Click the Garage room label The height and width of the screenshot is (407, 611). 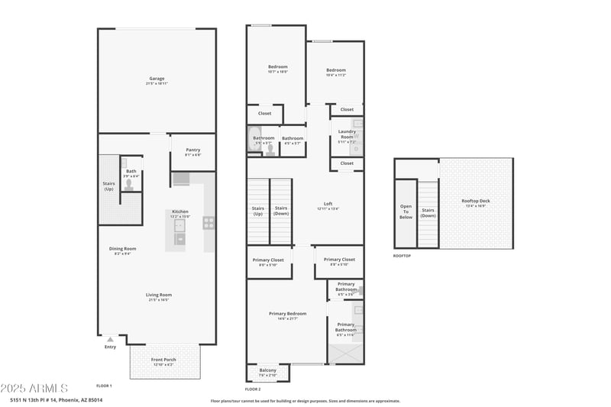pyautogui.click(x=157, y=79)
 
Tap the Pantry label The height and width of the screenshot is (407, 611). pyautogui.click(x=192, y=150)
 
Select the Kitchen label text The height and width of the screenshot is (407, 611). pyautogui.click(x=179, y=212)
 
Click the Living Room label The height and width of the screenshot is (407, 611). pyautogui.click(x=159, y=296)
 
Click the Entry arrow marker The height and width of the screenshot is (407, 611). pyautogui.click(x=110, y=338)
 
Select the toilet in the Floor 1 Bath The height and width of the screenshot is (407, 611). pyautogui.click(x=130, y=184)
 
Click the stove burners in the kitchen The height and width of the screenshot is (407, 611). pyautogui.click(x=208, y=223)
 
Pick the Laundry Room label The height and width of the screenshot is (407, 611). pyautogui.click(x=347, y=134)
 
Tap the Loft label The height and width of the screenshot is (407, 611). pyautogui.click(x=328, y=204)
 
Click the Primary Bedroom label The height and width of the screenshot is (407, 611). pyautogui.click(x=287, y=314)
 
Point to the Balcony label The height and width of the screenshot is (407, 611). pyautogui.click(x=267, y=371)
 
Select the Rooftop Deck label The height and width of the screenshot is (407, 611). pyautogui.click(x=475, y=202)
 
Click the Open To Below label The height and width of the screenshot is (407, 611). pyautogui.click(x=406, y=211)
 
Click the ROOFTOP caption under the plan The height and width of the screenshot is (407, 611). pyautogui.click(x=402, y=256)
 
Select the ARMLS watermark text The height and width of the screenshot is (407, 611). pyautogui.click(x=34, y=389)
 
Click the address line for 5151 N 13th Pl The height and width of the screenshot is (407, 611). pyautogui.click(x=56, y=400)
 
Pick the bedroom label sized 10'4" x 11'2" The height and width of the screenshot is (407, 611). pyautogui.click(x=335, y=71)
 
